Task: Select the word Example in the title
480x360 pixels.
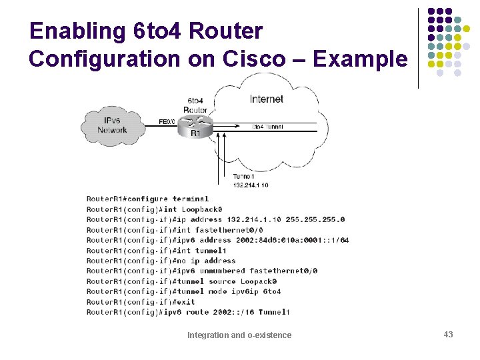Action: [360, 59]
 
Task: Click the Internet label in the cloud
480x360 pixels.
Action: [266, 99]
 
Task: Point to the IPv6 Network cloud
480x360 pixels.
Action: [111, 125]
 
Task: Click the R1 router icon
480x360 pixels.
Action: [195, 123]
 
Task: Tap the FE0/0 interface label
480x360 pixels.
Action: [167, 122]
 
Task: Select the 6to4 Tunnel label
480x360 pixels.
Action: [267, 127]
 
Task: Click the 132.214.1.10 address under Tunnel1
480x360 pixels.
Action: [251, 185]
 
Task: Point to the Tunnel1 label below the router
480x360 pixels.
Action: [243, 177]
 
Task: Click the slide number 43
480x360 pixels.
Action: [448, 334]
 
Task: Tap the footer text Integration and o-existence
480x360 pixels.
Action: [239, 335]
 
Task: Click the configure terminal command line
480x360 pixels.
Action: [147, 199]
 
